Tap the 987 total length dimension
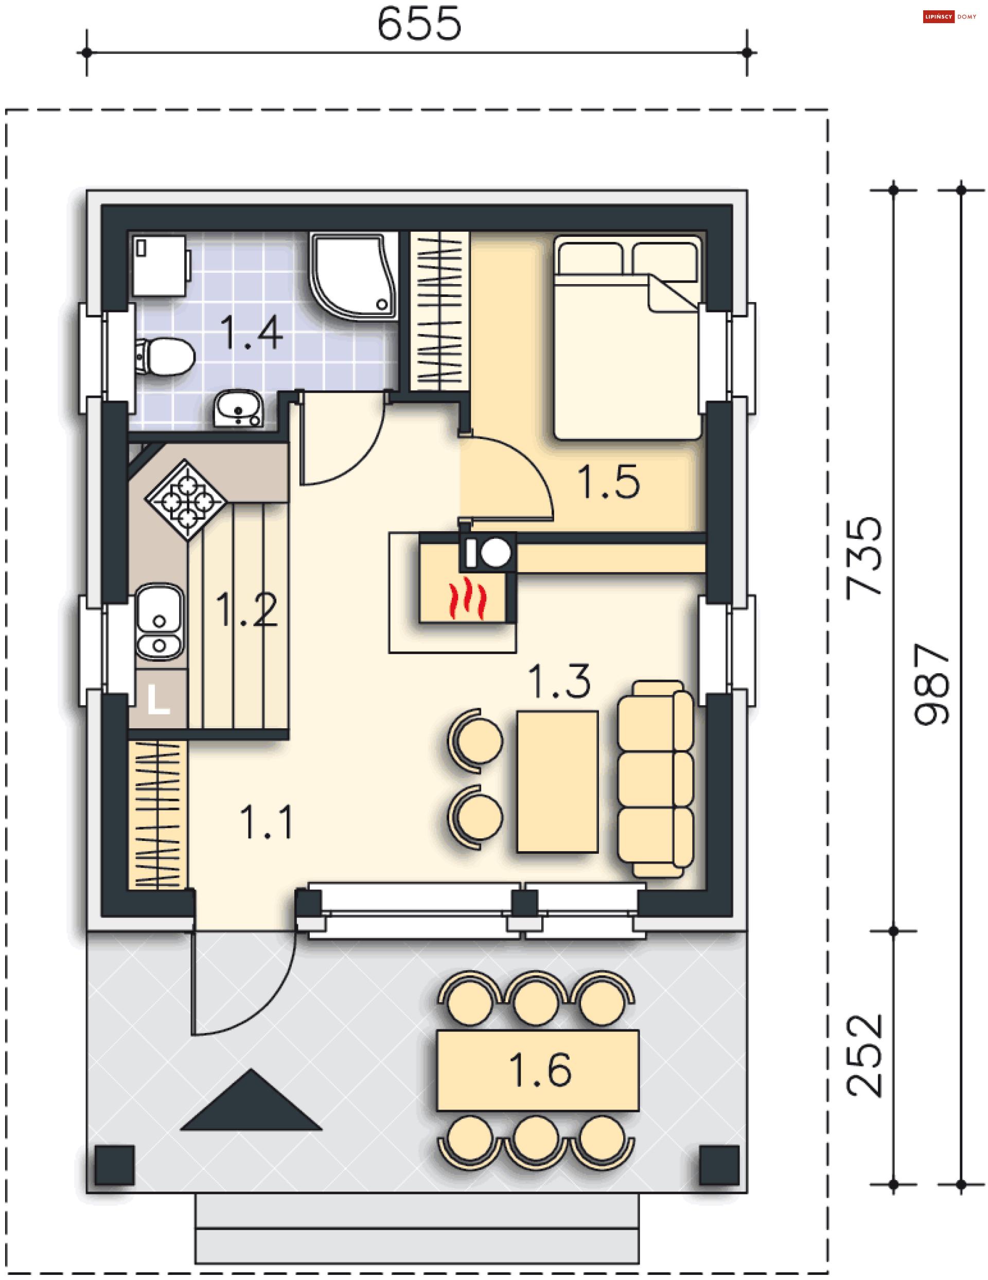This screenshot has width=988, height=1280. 932,684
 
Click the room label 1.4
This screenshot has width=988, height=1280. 252,332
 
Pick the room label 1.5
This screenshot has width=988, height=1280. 608,482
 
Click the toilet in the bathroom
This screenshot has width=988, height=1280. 165,356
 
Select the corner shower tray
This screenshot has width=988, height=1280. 354,276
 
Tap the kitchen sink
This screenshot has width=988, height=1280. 159,622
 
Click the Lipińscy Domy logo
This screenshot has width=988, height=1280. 949,16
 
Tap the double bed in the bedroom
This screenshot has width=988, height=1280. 628,338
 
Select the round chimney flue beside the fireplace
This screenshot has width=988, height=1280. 496,553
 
